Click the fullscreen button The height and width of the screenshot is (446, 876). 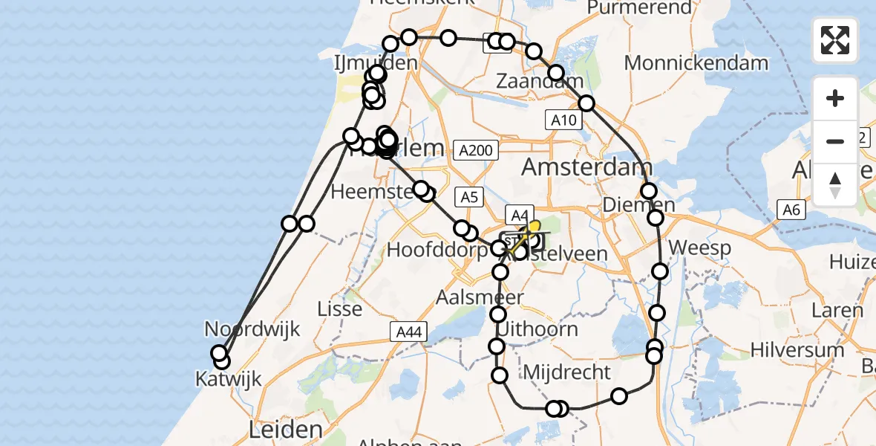(x=835, y=40)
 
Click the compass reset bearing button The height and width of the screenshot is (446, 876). (x=835, y=184)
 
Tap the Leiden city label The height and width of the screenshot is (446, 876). (x=287, y=429)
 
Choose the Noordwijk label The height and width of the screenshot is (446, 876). (x=252, y=329)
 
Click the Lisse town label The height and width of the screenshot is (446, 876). (x=339, y=308)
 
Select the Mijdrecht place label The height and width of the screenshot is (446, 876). (x=567, y=372)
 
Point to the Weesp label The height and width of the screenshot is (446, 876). (x=700, y=248)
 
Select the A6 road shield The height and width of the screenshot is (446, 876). (x=791, y=210)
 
